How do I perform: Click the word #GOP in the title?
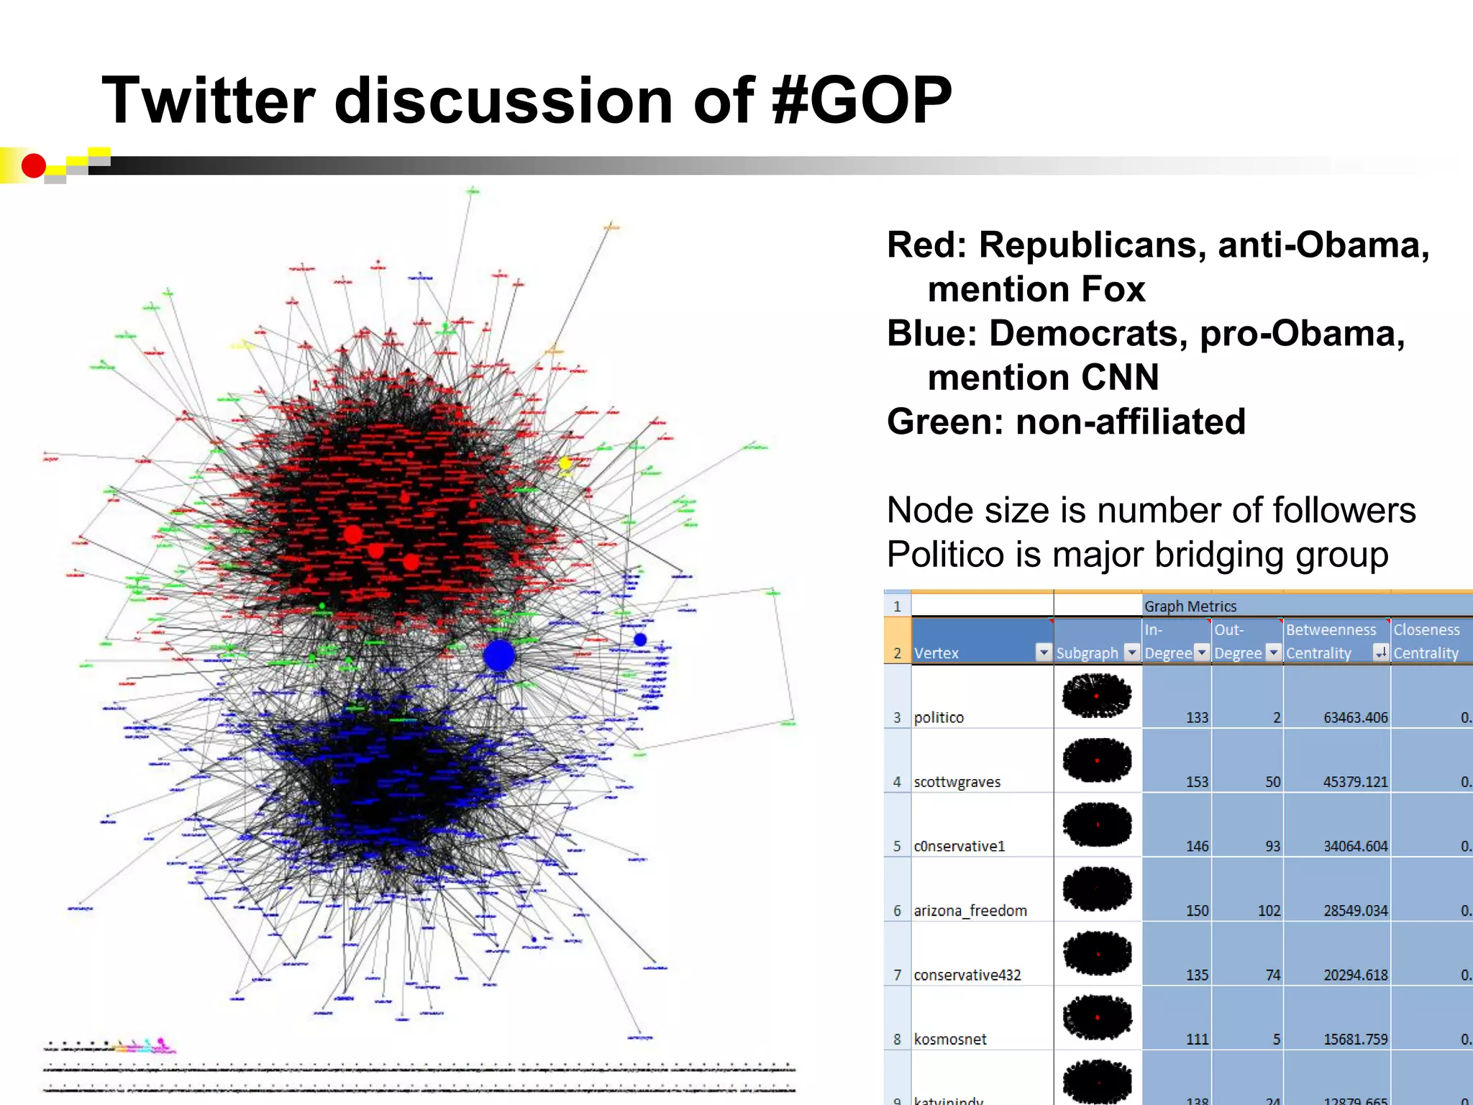tap(861, 101)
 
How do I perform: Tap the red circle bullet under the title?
tap(33, 166)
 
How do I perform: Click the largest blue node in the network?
tap(499, 655)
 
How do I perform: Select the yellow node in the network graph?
tap(565, 463)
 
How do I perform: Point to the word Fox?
tap(1113, 289)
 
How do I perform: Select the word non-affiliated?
tap(1130, 422)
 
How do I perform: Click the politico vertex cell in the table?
tap(939, 717)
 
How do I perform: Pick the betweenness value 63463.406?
tap(1355, 717)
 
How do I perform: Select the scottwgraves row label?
tap(957, 782)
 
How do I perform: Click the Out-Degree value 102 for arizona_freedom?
tap(1269, 911)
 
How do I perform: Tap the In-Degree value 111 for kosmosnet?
tap(1197, 1040)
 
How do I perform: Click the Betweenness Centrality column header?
tap(1331, 641)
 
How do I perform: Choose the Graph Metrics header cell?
tap(1190, 606)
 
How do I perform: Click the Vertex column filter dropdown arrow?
tap(1044, 652)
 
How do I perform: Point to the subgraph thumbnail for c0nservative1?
tap(1097, 824)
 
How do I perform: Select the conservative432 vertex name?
tap(967, 976)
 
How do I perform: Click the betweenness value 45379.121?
tap(1355, 782)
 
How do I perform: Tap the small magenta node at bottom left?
tap(161, 1041)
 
